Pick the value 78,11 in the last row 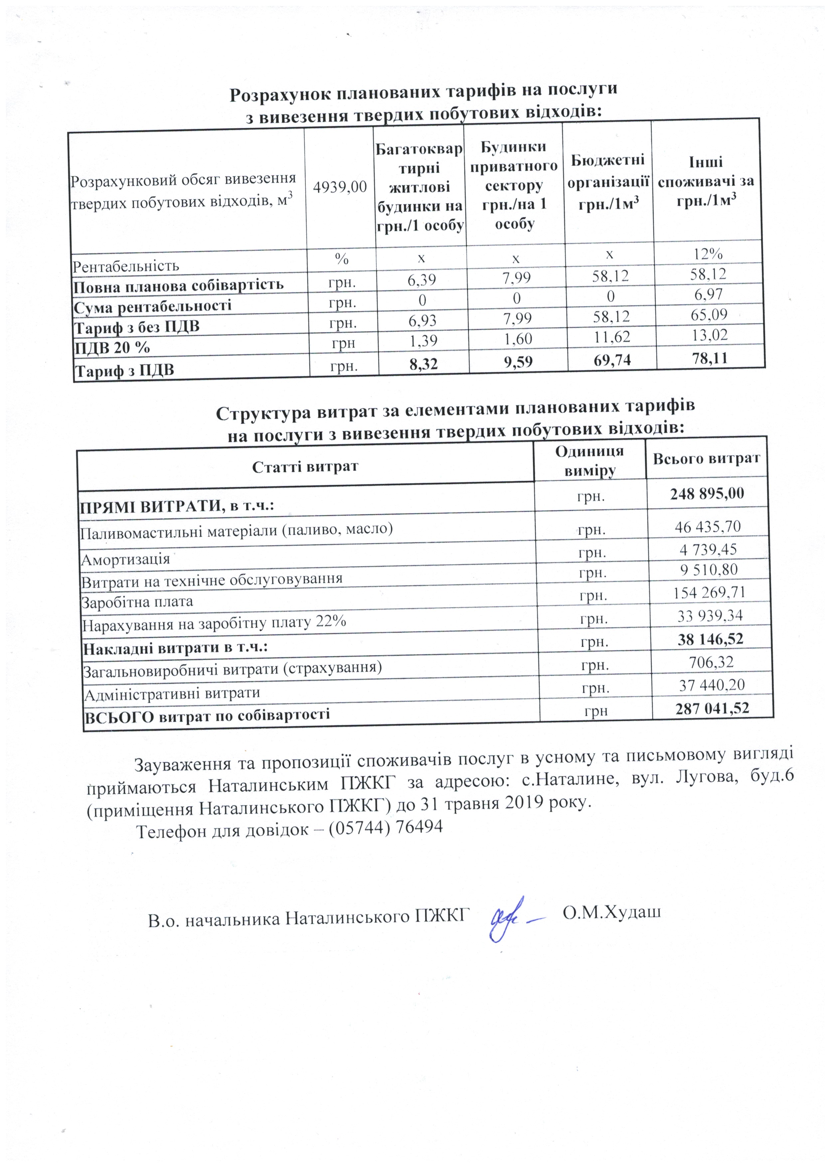tap(710, 358)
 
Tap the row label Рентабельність tap(126, 266)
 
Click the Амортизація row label tap(125, 559)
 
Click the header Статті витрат tap(305, 466)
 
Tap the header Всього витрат tap(706, 458)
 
